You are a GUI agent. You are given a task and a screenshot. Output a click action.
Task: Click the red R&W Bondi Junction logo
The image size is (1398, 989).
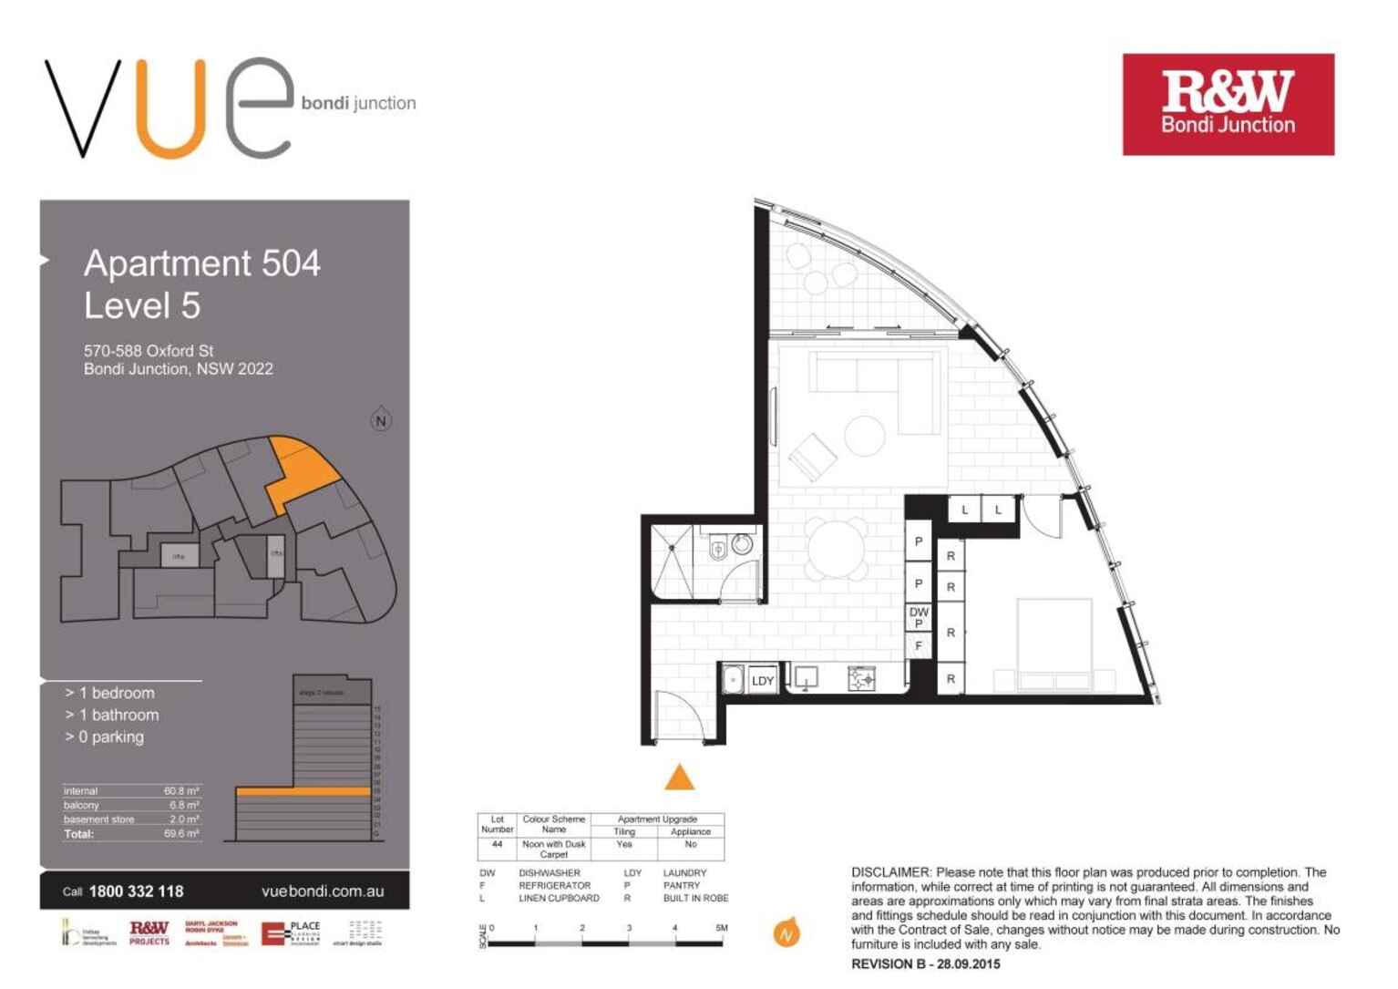(1228, 104)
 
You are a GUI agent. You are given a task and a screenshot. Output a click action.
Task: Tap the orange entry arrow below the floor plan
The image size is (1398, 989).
(679, 778)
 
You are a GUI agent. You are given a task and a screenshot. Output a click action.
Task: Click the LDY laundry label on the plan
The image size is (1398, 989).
(762, 680)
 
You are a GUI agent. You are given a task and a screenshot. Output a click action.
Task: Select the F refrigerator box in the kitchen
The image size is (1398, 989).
(918, 645)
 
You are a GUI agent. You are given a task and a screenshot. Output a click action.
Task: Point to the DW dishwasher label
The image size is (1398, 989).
(919, 613)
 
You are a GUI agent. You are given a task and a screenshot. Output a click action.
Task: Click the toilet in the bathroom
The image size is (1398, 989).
(718, 547)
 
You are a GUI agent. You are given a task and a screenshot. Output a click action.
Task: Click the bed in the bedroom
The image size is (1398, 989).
(1054, 643)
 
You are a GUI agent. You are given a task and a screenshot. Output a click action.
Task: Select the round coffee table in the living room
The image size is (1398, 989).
(864, 435)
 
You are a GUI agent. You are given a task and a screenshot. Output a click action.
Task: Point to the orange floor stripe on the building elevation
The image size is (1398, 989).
(303, 791)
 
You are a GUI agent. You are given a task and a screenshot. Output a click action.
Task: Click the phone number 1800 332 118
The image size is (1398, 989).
(136, 891)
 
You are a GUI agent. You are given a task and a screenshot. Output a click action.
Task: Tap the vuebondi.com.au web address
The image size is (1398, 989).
(323, 891)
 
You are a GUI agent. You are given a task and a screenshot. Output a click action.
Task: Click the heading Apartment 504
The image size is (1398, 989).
(202, 263)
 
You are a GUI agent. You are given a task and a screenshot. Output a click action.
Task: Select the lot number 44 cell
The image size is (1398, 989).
(497, 845)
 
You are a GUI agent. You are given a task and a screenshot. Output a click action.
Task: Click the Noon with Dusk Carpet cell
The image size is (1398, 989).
(553, 849)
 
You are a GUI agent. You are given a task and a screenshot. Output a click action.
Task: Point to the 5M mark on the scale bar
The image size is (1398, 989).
(722, 929)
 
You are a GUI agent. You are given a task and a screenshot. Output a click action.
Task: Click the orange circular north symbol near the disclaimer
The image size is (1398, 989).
(786, 934)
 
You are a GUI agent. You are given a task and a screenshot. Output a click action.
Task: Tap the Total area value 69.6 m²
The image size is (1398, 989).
(181, 834)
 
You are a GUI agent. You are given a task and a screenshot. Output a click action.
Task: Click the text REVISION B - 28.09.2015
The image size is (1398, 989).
(925, 963)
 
